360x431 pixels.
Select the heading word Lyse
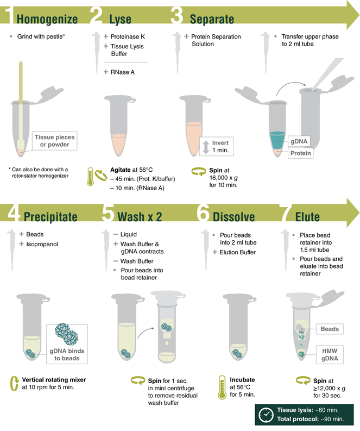120,19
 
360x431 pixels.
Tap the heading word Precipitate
50,217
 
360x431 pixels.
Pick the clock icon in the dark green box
266,415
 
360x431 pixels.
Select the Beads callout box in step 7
330,329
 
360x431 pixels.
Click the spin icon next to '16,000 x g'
198,172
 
